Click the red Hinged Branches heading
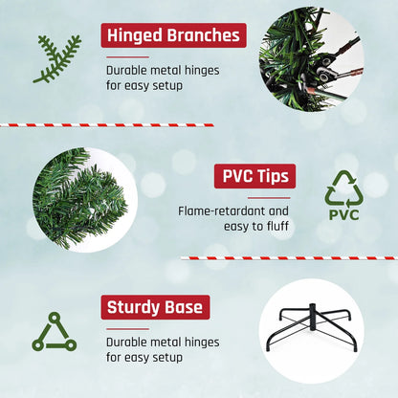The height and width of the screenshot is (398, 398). [173, 35]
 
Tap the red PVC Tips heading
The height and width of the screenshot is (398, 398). [254, 177]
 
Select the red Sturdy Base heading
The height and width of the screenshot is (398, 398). [154, 307]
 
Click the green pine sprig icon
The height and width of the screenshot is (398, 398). [56, 58]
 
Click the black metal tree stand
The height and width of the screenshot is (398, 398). [312, 343]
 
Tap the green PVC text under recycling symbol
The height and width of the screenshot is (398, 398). [343, 214]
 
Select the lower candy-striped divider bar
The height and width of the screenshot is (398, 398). [288, 257]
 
